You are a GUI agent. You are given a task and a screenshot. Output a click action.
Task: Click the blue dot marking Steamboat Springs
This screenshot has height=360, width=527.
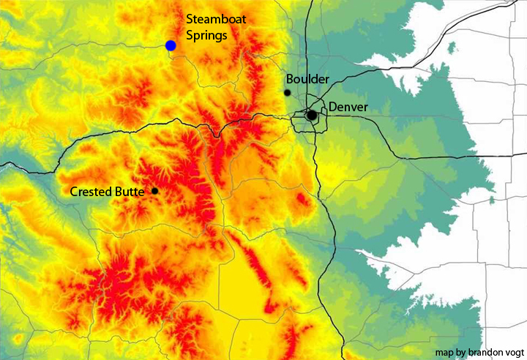click(171, 45)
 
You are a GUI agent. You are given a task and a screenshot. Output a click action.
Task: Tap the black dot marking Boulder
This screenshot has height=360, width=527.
click(288, 92)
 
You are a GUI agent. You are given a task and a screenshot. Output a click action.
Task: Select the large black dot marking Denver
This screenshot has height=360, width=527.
click(312, 115)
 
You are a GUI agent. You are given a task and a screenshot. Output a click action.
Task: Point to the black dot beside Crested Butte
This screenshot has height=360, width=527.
click(154, 191)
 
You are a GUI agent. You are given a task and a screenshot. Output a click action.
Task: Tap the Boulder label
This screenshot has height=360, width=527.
click(307, 78)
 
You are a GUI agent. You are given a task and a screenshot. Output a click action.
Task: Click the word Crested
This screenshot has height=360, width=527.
click(91, 192)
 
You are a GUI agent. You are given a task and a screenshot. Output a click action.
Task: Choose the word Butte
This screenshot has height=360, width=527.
click(132, 192)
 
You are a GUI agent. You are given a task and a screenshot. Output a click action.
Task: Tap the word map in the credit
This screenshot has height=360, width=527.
click(443, 352)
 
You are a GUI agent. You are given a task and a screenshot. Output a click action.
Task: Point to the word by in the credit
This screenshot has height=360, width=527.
click(458, 352)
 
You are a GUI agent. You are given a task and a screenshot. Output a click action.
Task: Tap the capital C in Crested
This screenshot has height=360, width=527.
click(74, 192)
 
